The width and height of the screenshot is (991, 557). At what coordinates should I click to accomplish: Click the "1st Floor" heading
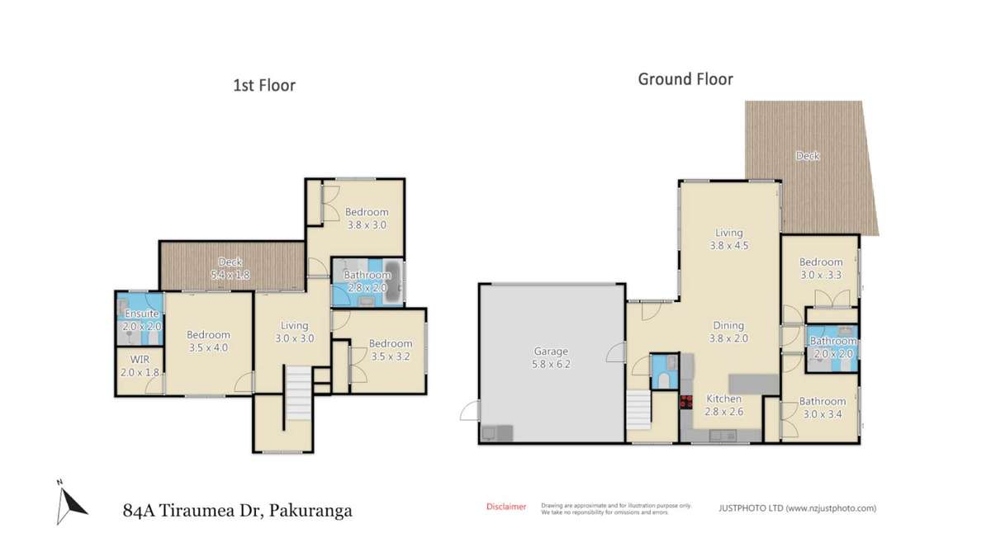[x=264, y=85]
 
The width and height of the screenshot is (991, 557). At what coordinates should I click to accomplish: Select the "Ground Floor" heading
[x=685, y=79]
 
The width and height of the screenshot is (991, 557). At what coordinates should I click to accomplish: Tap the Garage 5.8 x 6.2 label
[x=552, y=356]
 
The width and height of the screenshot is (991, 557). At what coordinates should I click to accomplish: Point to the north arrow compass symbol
[x=71, y=502]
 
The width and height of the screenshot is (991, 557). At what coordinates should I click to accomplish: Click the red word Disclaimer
[x=505, y=507]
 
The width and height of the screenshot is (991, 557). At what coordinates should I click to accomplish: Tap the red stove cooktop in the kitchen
[x=685, y=403]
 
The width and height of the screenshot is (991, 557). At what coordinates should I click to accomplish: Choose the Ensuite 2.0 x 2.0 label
[x=142, y=320]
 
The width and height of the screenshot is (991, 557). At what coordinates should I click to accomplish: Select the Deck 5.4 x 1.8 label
[x=230, y=267]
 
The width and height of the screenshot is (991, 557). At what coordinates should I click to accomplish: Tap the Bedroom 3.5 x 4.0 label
[x=207, y=341]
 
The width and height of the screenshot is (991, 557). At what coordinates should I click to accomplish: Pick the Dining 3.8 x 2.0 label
[x=728, y=331]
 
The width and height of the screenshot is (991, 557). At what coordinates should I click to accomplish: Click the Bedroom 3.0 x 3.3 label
[x=820, y=269]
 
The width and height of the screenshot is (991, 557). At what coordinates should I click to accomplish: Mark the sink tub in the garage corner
[x=496, y=433]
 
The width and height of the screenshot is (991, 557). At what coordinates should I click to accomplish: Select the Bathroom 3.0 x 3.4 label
[x=822, y=408]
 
